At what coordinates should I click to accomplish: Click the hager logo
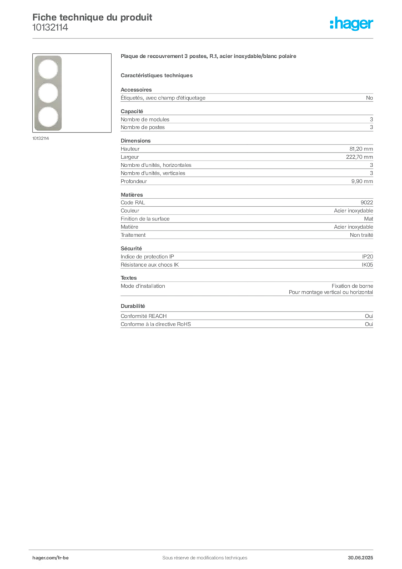pyautogui.click(x=351, y=24)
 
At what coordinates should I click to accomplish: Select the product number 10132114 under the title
pyautogui.click(x=50, y=28)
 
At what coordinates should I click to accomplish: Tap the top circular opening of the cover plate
pyautogui.click(x=48, y=69)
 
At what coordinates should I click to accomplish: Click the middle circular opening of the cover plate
pyautogui.click(x=48, y=93)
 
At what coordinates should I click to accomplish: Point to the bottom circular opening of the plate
pyautogui.click(x=48, y=117)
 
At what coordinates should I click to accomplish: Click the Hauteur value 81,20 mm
pyautogui.click(x=361, y=149)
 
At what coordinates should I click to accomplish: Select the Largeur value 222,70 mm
pyautogui.click(x=359, y=157)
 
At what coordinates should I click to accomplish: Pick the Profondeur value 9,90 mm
pyautogui.click(x=362, y=182)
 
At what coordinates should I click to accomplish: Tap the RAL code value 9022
pyautogui.click(x=366, y=202)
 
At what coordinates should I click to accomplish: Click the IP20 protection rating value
pyautogui.click(x=367, y=257)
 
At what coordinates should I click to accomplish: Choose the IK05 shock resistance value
pyautogui.click(x=367, y=265)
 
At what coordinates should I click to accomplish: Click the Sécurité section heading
pyautogui.click(x=131, y=248)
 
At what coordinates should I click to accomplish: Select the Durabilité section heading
pyautogui.click(x=133, y=306)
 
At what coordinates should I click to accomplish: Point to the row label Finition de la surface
pyautogui.click(x=145, y=219)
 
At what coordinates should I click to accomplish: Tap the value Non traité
pyautogui.click(x=361, y=235)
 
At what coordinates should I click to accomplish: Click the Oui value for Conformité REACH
pyautogui.click(x=369, y=316)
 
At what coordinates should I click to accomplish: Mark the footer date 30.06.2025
pyautogui.click(x=360, y=558)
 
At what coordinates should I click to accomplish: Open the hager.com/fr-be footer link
pyautogui.click(x=51, y=558)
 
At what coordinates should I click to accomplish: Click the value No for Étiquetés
pyautogui.click(x=369, y=98)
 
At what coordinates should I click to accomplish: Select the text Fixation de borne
pyautogui.click(x=352, y=286)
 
